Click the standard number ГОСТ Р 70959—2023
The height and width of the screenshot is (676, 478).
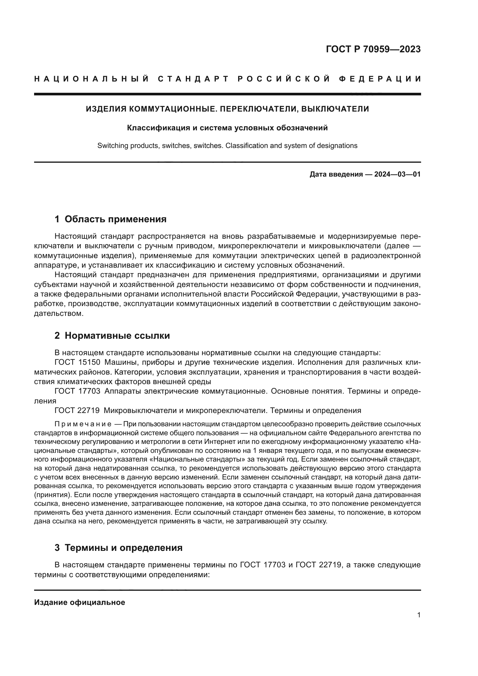373,49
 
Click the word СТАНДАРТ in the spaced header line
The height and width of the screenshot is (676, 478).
193,79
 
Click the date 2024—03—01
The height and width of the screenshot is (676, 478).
397,174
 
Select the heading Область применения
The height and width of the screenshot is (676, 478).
115,219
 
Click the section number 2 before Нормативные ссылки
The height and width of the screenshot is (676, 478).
57,336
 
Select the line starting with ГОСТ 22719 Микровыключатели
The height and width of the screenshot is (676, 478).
207,410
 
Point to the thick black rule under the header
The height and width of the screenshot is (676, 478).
227,94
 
